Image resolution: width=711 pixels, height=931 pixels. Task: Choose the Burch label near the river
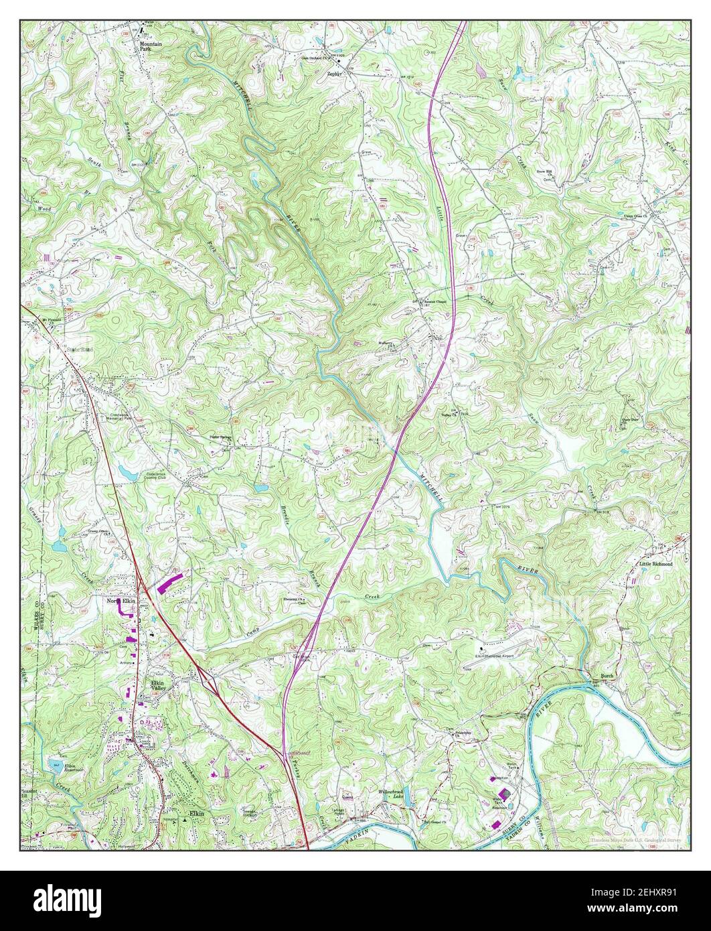(x=607, y=676)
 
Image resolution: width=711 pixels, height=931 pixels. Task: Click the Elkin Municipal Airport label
(x=494, y=656)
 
